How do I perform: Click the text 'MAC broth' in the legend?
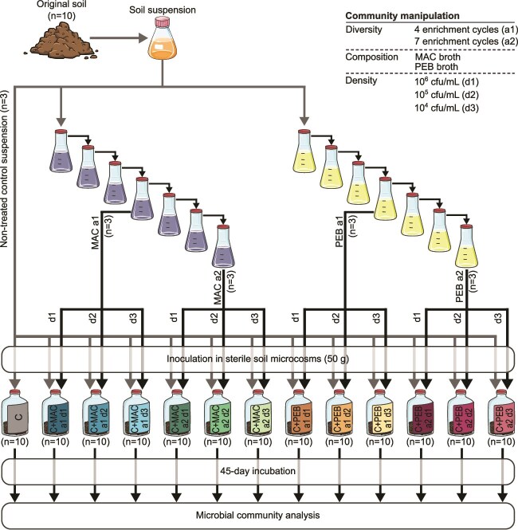[x=430, y=59]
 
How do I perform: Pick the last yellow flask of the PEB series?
[x=464, y=248]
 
